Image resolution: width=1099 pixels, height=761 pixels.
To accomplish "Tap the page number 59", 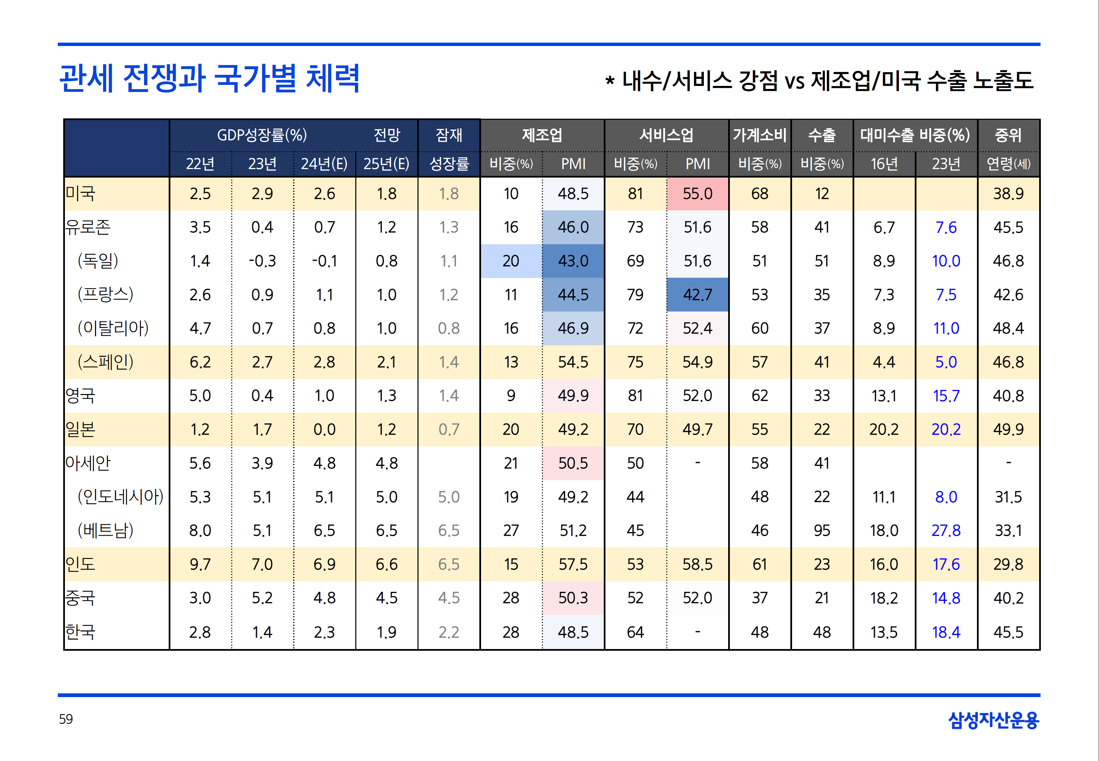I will point(66,719).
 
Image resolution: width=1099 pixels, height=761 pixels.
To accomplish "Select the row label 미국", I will point(80,193).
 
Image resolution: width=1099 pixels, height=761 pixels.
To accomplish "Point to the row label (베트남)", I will point(105,530).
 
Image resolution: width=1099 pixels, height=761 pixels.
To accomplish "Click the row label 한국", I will point(80,632).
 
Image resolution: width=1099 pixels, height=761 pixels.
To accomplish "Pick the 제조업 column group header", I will point(542,135).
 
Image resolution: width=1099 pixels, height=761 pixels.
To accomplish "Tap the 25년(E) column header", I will point(386,164).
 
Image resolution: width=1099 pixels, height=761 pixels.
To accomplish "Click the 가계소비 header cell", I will point(760,135).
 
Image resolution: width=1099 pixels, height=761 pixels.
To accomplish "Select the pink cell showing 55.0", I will point(697,193).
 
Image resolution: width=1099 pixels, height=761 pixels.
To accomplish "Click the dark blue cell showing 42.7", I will point(697,295).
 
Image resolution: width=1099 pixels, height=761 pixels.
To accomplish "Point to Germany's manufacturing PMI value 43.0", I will point(573,261).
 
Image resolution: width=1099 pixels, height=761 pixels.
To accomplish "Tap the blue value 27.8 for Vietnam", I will point(946,530).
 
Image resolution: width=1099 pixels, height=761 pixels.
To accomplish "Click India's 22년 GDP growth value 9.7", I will point(200,564).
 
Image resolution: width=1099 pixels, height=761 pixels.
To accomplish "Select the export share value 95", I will point(821,530).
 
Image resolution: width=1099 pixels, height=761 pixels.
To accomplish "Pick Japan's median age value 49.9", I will point(1008,429).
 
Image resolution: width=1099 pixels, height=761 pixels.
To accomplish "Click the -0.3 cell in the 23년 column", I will point(262,261).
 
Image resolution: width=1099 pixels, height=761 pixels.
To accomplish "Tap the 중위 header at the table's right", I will point(1008,135).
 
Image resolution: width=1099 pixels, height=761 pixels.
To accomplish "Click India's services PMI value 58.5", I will point(697,564).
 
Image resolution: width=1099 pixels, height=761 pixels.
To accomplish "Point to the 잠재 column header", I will point(449,135).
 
